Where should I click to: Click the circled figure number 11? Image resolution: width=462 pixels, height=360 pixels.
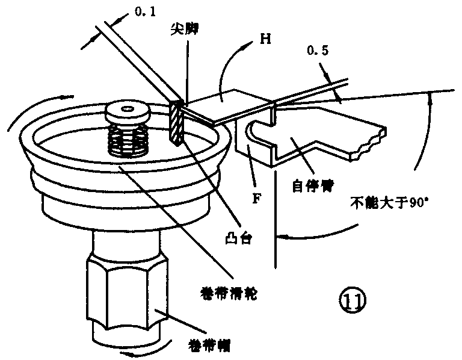(x=352, y=298)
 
